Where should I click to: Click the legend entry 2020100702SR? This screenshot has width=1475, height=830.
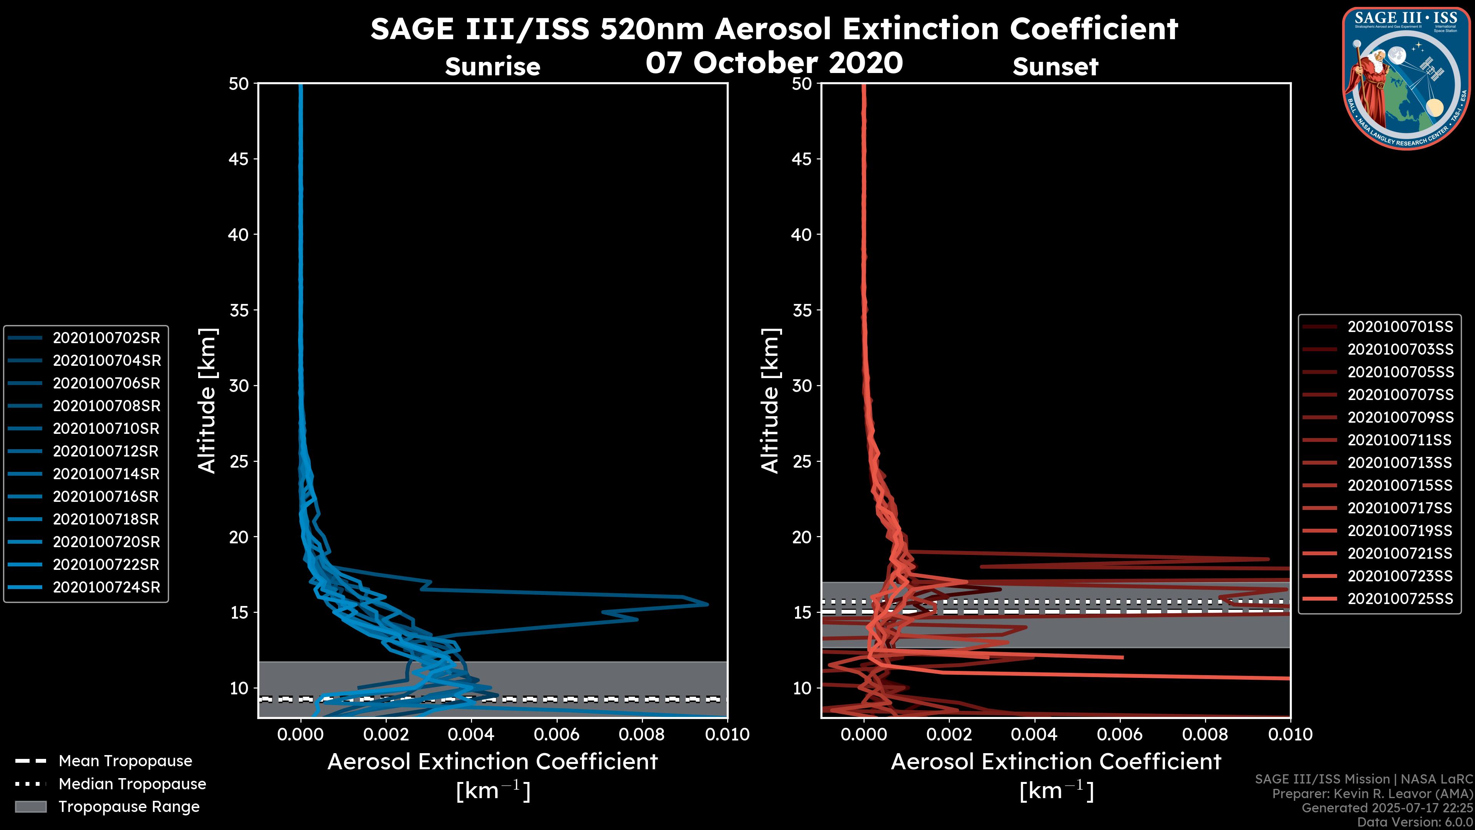pyautogui.click(x=106, y=338)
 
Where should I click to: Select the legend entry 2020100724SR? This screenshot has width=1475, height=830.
pyautogui.click(x=106, y=587)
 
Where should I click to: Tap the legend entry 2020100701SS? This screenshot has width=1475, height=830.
pyautogui.click(x=1400, y=327)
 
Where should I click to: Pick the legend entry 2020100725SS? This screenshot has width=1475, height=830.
pyautogui.click(x=1400, y=599)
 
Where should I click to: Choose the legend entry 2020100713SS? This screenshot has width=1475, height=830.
pyautogui.click(x=1400, y=463)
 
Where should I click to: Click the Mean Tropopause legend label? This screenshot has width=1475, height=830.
pyautogui.click(x=125, y=761)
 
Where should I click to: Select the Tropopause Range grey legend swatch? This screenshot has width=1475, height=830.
pyautogui.click(x=31, y=807)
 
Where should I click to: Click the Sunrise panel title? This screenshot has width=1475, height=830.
pyautogui.click(x=492, y=66)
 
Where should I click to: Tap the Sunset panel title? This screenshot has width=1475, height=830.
pyautogui.click(x=1055, y=66)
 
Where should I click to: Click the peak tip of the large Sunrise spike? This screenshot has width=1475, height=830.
pyautogui.click(x=708, y=604)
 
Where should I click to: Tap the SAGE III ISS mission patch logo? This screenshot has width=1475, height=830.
pyautogui.click(x=1407, y=78)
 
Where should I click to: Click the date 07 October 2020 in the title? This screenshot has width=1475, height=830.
pyautogui.click(x=774, y=62)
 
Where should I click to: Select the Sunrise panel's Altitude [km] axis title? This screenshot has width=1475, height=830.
pyautogui.click(x=207, y=400)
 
